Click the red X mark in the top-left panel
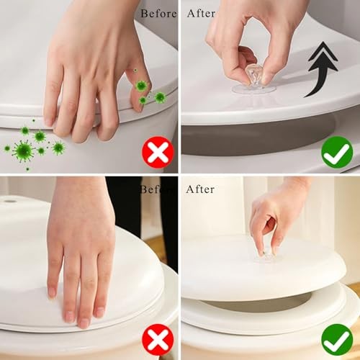(x=158, y=152)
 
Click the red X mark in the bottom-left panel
(x=158, y=340)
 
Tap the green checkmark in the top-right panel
(x=337, y=152)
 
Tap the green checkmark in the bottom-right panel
(x=337, y=340)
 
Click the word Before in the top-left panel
(x=158, y=14)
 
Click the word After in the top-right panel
(x=201, y=14)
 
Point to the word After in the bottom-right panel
(x=200, y=189)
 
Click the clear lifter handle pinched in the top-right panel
(x=254, y=75)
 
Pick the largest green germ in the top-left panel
(x=23, y=151)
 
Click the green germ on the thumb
(x=141, y=86)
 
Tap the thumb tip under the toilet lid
(x=138, y=106)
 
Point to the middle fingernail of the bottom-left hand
(x=84, y=323)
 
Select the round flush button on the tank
(x=9, y=201)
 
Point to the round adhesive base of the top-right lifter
(x=254, y=89)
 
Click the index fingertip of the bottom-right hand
(x=261, y=252)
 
